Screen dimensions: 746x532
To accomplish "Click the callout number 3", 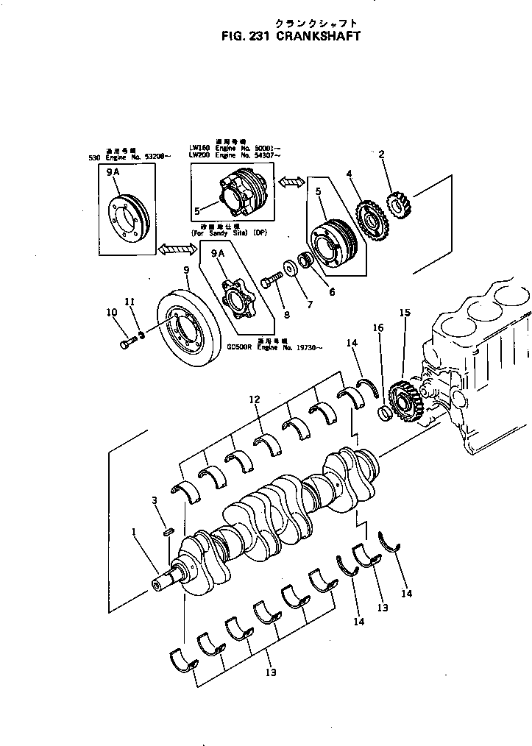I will pos(155,500).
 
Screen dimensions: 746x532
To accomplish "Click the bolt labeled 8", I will pos(272,280).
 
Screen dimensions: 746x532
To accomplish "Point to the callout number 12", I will pos(255,399).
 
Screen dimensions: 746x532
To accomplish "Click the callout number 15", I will pos(404,313).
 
